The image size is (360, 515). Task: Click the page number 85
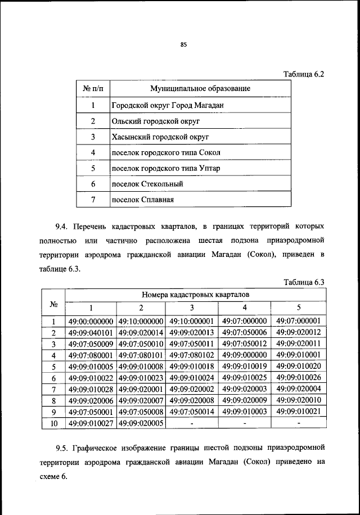[183, 46]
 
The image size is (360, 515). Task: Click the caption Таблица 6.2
[304, 74]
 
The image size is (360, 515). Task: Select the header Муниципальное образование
[200, 89]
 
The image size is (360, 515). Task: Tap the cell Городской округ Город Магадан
[164, 105]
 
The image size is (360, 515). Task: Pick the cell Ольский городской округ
[148, 121]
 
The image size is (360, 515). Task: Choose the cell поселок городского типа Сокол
[166, 152]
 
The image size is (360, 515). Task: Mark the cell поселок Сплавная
[142, 200]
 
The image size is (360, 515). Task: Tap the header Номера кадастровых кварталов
[196, 294]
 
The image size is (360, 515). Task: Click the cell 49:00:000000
[91, 321]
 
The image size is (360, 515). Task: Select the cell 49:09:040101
[91, 332]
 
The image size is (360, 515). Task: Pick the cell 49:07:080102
[191, 355]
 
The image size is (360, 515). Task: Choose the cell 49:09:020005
[141, 423]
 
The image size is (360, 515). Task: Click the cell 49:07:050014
[191, 412]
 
